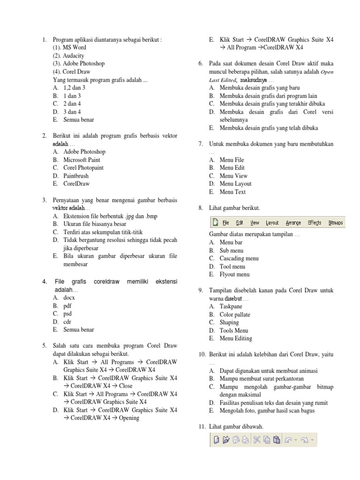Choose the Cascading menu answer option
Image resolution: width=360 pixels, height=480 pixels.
(x=239, y=258)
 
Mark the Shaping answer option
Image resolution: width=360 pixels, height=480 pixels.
(x=229, y=322)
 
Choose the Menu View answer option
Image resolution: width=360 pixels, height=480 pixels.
(x=233, y=175)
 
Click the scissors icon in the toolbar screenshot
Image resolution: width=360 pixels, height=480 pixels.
(x=257, y=439)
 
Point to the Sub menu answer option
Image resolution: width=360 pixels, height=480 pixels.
(x=232, y=250)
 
